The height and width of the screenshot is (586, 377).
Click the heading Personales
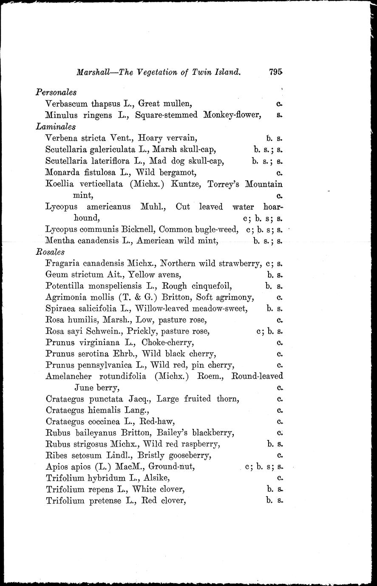56,92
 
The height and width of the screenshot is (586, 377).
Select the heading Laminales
56,126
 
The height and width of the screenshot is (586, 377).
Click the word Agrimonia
64,297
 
